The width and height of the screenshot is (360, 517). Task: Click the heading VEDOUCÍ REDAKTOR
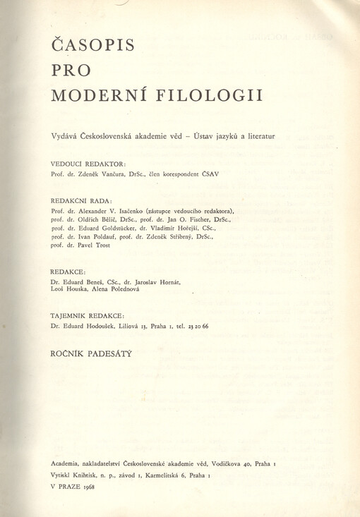(88, 164)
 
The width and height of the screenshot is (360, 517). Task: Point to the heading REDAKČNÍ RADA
(82, 200)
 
